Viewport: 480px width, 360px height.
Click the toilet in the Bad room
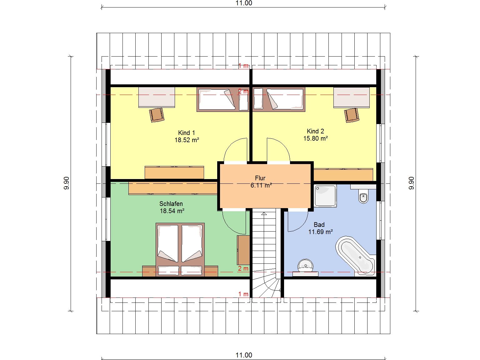point(363,196)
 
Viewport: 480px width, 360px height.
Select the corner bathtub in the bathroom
point(355,256)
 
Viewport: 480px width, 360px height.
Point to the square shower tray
point(325,196)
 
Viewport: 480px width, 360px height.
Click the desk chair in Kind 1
point(157,115)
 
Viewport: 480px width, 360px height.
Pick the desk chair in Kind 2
point(352,115)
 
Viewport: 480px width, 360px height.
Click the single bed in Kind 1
point(223,99)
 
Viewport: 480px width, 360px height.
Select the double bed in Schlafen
point(180,250)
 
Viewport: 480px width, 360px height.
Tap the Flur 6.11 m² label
point(261,182)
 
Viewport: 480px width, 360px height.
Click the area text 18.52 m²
point(187,140)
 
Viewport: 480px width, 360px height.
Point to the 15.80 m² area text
point(316,138)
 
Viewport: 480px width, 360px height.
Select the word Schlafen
point(171,204)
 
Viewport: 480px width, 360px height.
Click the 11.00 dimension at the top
point(244,3)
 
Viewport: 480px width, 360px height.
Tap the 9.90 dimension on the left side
point(67,183)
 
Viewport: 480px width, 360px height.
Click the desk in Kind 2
point(352,97)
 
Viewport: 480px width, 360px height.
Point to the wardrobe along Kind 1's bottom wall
point(174,173)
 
